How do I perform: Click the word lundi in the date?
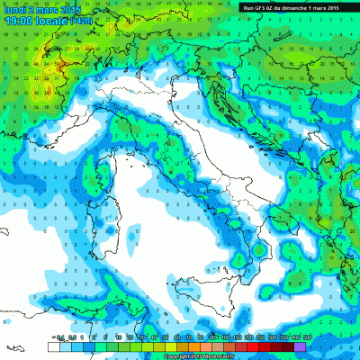(16, 6)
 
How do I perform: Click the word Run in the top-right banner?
(248, 7)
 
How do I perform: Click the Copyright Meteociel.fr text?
(180, 355)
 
